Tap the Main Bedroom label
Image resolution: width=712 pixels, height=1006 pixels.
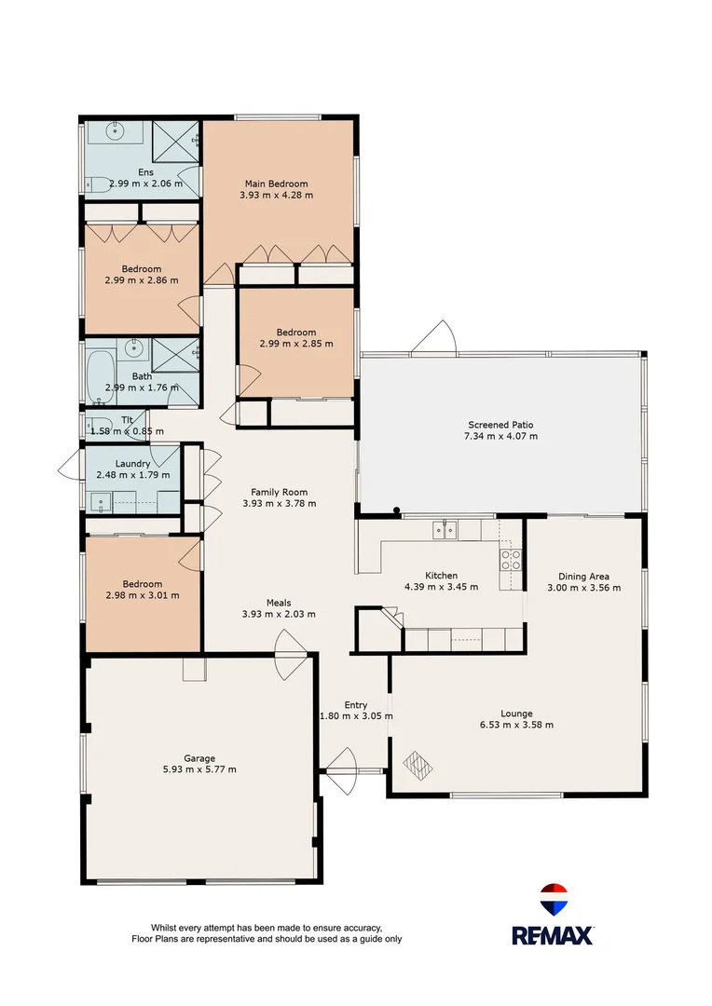coord(276,184)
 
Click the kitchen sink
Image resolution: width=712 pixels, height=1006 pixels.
coord(445,530)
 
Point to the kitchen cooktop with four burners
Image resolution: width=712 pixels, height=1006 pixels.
coord(511,560)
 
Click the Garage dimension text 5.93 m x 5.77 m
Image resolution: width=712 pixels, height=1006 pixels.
coord(199,769)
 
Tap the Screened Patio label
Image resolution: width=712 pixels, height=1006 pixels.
coord(501,424)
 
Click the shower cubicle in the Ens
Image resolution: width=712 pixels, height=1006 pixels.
coord(174,143)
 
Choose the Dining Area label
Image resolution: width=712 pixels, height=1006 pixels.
coord(583,576)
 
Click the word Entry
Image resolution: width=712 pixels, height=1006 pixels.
coord(355,705)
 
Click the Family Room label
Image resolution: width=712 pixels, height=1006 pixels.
coord(279,492)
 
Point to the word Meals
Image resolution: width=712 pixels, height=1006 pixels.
coord(279,602)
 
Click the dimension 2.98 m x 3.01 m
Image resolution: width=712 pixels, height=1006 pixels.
coord(142,595)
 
